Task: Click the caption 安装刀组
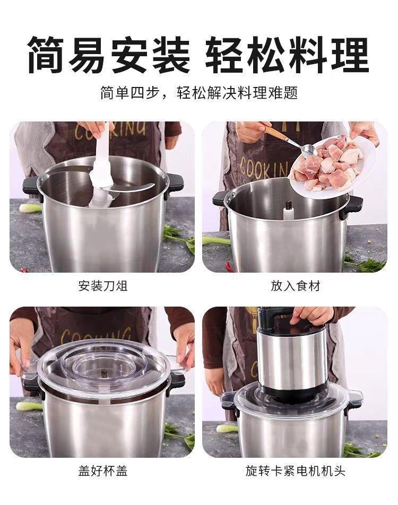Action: point(103,286)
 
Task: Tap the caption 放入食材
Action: point(295,286)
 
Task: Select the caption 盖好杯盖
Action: point(103,471)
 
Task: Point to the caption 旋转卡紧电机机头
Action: point(295,471)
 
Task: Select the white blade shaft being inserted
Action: point(101,168)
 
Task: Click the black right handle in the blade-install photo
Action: point(174,185)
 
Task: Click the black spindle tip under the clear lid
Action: point(104,374)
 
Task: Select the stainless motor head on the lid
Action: point(292,361)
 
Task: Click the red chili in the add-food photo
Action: point(229,266)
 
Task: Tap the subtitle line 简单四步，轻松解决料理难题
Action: point(199,93)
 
